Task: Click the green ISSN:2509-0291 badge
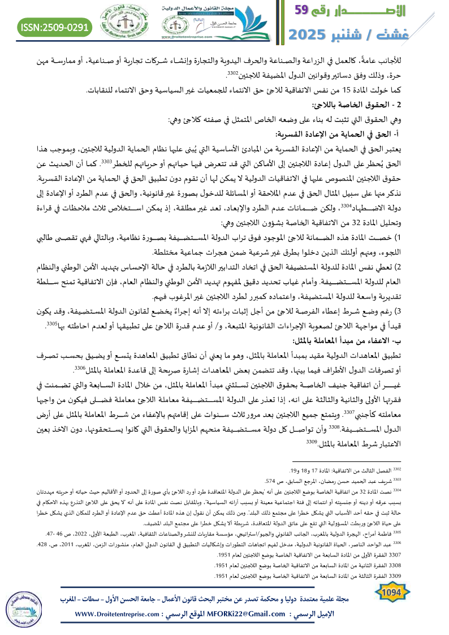click(55, 27)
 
